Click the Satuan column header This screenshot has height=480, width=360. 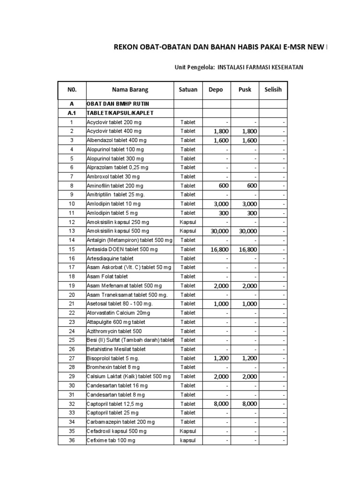[188, 90]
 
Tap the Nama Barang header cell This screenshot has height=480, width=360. [130, 90]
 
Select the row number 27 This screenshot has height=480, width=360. [72, 358]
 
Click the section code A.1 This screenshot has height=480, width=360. [72, 113]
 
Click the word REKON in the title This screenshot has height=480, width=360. [127, 47]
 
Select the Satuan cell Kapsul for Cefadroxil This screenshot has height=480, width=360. [188, 431]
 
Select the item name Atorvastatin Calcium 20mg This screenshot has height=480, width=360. [118, 313]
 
